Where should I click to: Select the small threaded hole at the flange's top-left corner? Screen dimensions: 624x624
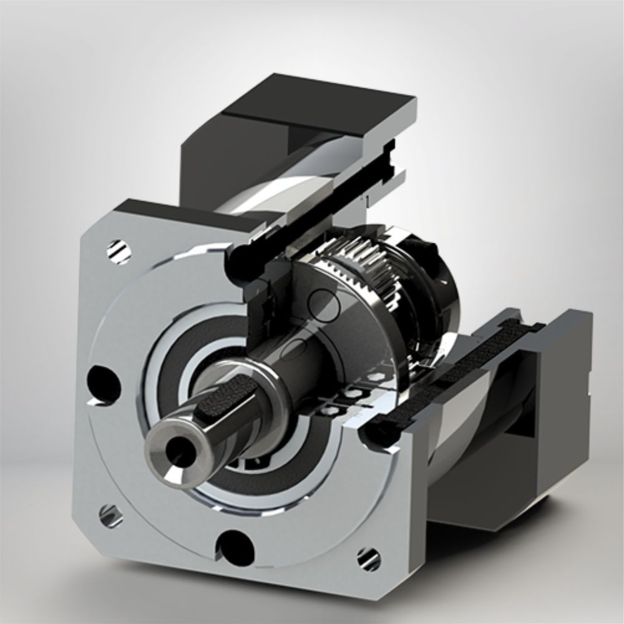pos(119,251)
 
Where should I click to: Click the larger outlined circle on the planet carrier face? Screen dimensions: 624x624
pos(324,304)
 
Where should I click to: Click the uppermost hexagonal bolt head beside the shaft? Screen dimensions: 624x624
pos(374,378)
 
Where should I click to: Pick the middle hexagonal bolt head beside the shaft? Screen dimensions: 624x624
pos(351,394)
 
